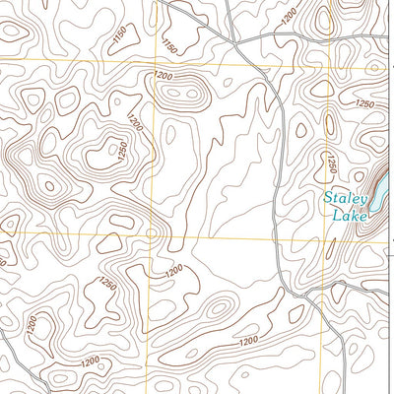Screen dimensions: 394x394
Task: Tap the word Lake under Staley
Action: (x=349, y=214)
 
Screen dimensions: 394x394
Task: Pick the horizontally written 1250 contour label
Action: (x=365, y=103)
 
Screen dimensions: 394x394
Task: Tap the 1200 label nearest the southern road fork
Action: (x=247, y=340)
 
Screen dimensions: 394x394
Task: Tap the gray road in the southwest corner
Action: (x=12, y=340)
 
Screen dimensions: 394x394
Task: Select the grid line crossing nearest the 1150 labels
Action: (x=155, y=62)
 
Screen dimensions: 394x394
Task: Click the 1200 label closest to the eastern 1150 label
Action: (x=164, y=77)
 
